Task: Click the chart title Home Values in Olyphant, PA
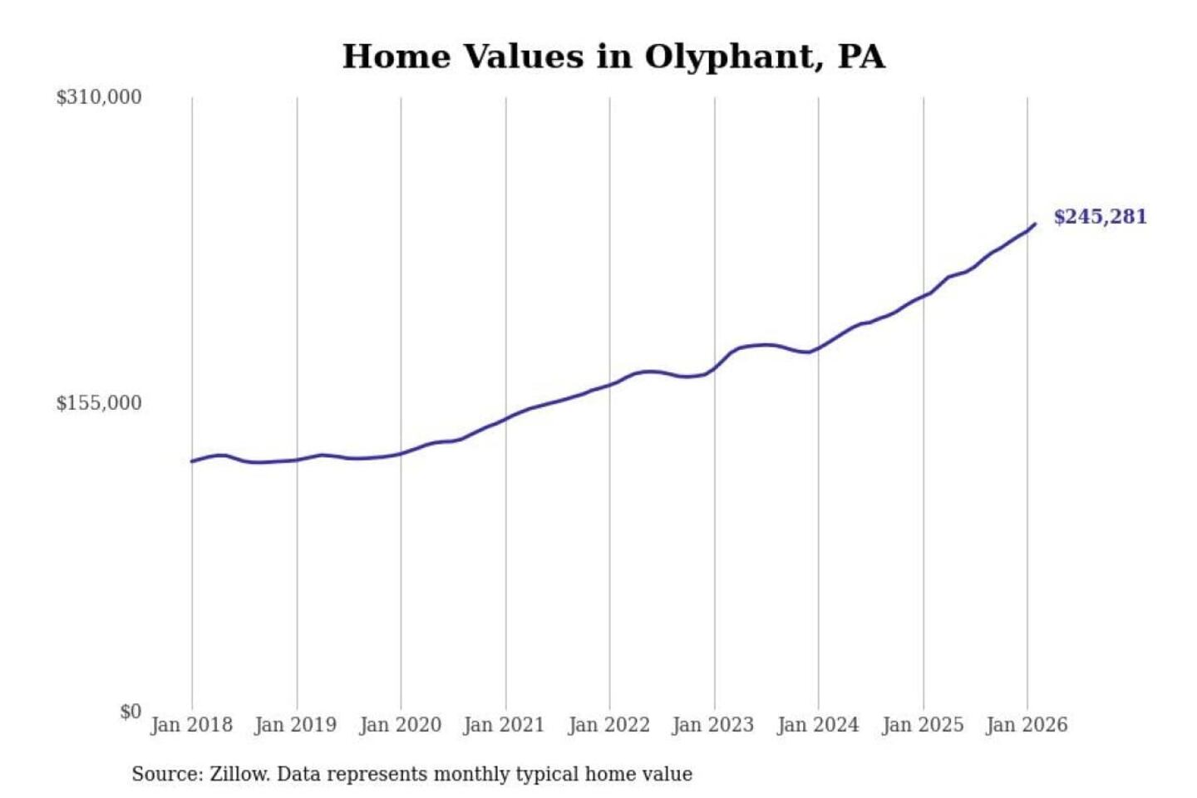pyautogui.click(x=613, y=57)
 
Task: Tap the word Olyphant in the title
pyautogui.click(x=729, y=57)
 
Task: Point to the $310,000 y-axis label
pyautogui.click(x=99, y=97)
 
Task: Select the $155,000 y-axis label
pyautogui.click(x=99, y=403)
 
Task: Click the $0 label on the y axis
pyautogui.click(x=131, y=712)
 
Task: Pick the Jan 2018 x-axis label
pyautogui.click(x=191, y=725)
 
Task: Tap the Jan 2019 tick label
pyautogui.click(x=296, y=725)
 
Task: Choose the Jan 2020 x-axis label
pyautogui.click(x=400, y=725)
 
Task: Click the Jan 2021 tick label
pyautogui.click(x=504, y=725)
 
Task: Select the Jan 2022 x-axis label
pyautogui.click(x=608, y=725)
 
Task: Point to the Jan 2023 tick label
pyautogui.click(x=713, y=725)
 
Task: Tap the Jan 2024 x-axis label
pyautogui.click(x=818, y=725)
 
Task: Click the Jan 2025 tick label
pyautogui.click(x=923, y=725)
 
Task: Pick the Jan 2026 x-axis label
pyautogui.click(x=1027, y=725)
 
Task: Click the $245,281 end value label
pyautogui.click(x=1100, y=217)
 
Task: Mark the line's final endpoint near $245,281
pyautogui.click(x=1035, y=224)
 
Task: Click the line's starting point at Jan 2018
pyautogui.click(x=192, y=461)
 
